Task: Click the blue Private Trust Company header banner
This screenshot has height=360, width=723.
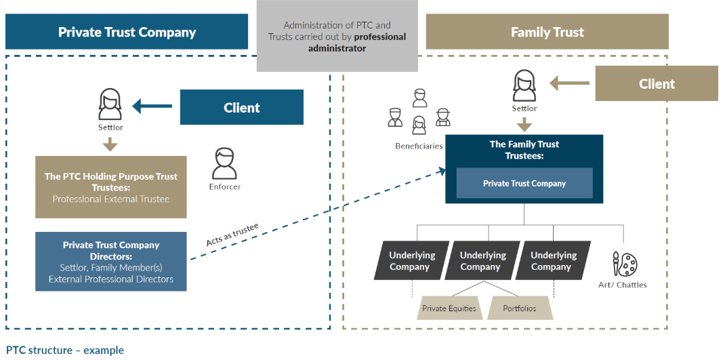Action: tap(127, 32)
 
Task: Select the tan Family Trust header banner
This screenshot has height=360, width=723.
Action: tap(547, 32)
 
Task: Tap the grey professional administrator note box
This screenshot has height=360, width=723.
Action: tap(337, 37)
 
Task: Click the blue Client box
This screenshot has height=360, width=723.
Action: tap(241, 107)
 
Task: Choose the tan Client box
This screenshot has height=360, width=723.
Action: tap(656, 83)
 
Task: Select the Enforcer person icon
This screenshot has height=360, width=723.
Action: tap(224, 163)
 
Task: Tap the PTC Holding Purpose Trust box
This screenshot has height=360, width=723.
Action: tap(111, 187)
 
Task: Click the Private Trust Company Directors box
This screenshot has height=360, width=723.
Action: tap(111, 262)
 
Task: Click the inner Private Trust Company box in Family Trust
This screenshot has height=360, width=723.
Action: tap(524, 183)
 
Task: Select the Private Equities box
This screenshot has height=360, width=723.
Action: tap(449, 308)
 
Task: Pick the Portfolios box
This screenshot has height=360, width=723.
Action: tap(520, 308)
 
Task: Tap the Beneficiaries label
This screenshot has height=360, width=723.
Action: tap(419, 146)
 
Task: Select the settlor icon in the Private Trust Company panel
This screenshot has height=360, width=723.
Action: tap(110, 105)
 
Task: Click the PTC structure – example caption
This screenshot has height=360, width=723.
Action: tap(65, 351)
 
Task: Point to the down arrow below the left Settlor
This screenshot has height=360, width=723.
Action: tap(110, 144)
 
